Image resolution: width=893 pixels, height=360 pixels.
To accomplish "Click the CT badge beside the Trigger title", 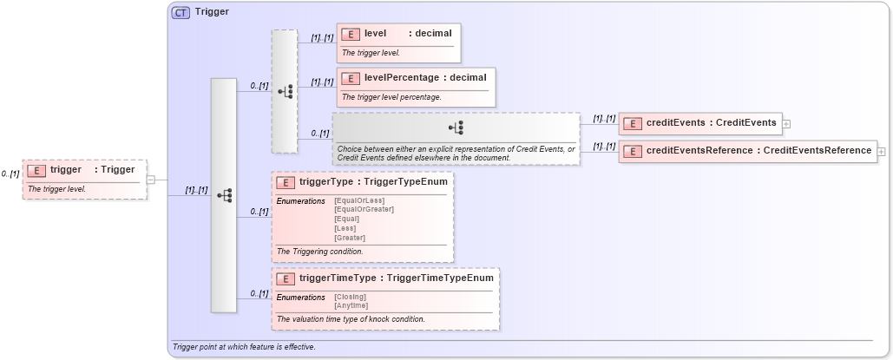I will tap(181, 13).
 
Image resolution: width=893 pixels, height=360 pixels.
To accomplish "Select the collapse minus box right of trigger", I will tap(150, 180).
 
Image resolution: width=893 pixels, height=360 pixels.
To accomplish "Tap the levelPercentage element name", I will tap(401, 78).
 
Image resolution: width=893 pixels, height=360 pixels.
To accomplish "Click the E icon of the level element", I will tap(351, 34).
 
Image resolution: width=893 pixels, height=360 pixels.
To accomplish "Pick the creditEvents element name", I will tap(675, 123).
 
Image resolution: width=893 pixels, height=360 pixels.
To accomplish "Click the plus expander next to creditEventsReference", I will tap(882, 151).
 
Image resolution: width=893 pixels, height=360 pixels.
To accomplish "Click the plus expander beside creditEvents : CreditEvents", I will tap(786, 124).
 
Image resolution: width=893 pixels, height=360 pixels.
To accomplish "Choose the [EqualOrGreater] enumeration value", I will tap(364, 210).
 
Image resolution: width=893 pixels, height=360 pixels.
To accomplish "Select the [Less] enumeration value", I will tap(345, 228).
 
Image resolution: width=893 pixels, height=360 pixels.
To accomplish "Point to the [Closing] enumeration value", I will tap(350, 297).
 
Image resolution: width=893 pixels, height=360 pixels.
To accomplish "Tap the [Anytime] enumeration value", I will tap(351, 305).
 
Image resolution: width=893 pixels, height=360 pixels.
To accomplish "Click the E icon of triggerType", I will tap(285, 183).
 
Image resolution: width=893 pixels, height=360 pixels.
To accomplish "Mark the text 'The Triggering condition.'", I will tap(318, 251).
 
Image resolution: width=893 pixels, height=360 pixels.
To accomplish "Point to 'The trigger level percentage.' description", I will tap(391, 97).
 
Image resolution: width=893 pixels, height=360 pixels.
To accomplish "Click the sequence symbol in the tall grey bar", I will tap(224, 195).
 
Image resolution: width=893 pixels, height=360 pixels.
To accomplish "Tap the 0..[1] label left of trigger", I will tap(10, 174).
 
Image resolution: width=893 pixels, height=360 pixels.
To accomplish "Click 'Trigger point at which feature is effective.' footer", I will tap(244, 347).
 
